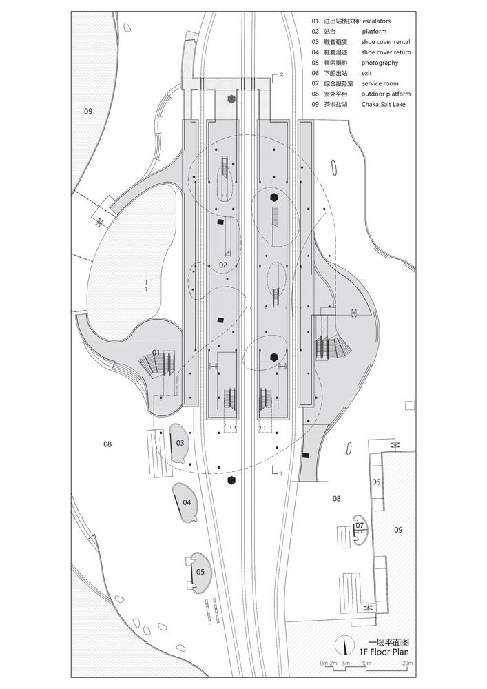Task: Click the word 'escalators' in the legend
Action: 376,21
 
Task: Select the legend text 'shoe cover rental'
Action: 386,42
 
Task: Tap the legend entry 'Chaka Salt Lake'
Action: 384,105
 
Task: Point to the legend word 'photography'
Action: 380,63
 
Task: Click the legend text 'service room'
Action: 380,83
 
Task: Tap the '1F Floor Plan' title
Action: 384,652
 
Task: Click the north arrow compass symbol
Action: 344,645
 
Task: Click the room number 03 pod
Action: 180,443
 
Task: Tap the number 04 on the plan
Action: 187,502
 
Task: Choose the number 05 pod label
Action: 200,572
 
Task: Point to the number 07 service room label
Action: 360,525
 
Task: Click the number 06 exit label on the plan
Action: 376,482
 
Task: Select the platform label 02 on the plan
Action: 223,265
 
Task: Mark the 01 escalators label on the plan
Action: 156,352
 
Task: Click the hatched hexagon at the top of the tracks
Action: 231,99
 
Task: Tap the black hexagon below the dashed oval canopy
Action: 231,480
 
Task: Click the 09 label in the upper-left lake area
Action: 88,111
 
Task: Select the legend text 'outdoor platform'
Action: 386,94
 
